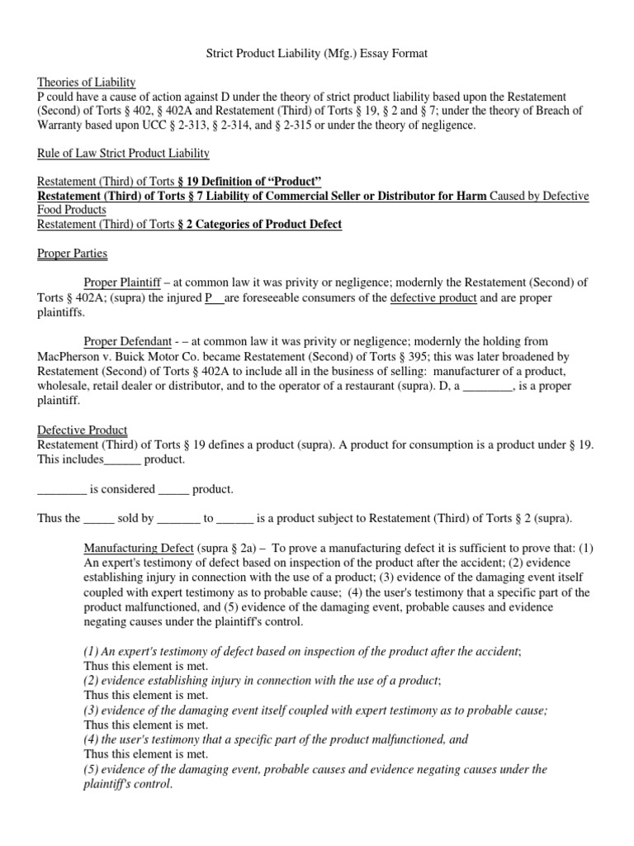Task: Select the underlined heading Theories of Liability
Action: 87,82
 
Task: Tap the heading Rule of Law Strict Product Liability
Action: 124,153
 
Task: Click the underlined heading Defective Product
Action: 83,430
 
